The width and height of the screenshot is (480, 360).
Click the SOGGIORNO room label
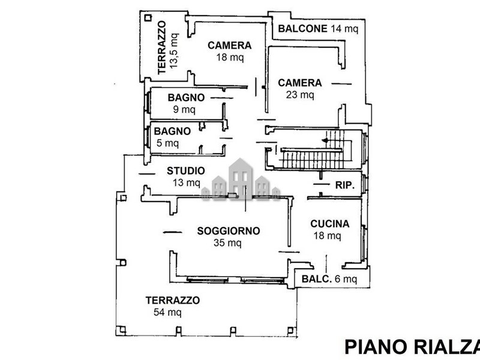click(229, 230)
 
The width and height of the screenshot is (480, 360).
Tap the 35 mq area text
click(227, 243)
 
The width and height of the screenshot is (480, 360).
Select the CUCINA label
click(329, 224)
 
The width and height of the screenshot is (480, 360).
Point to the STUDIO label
click(185, 171)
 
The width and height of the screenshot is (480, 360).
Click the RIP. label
click(345, 185)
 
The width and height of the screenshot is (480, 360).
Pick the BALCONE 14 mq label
click(317, 28)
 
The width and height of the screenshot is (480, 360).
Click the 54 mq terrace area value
click(167, 313)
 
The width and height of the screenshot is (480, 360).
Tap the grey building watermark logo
click(241, 178)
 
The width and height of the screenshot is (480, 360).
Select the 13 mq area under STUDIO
click(185, 183)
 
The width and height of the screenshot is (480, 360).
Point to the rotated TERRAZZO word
click(161, 48)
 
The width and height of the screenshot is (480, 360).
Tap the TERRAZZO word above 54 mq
click(172, 301)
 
